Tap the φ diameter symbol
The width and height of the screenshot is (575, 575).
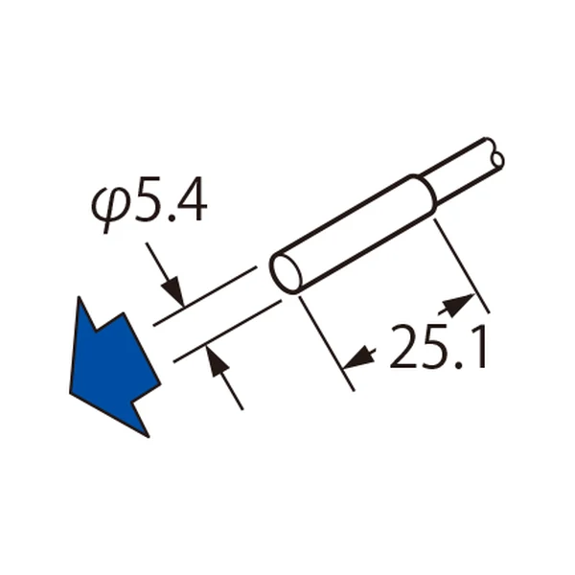111,209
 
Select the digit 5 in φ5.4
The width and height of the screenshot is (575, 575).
148,200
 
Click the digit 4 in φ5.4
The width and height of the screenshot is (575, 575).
191,200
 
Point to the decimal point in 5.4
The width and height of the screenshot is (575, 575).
171,218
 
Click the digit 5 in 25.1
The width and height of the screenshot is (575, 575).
436,347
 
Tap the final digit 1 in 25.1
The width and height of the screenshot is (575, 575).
479,347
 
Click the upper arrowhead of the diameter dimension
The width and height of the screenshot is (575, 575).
173,291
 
